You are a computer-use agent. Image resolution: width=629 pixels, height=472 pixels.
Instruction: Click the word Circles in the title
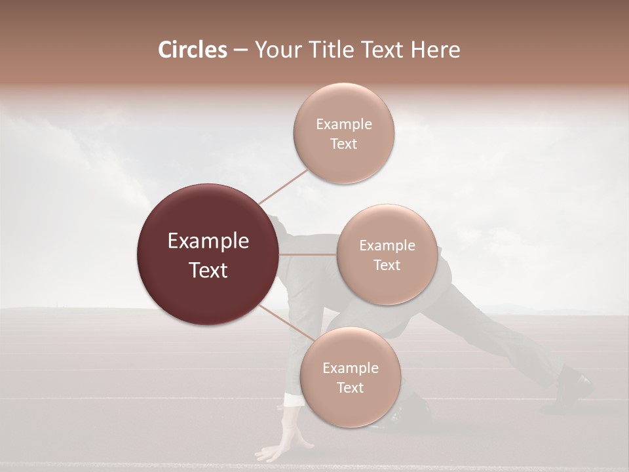[192, 50]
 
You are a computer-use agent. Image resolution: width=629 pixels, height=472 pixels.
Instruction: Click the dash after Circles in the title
[240, 50]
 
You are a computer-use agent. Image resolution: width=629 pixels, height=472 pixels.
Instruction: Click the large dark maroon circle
[207, 255]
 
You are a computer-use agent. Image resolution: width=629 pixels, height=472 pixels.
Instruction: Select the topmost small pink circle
[343, 134]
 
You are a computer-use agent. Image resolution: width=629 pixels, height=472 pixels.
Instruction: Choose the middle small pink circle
[387, 255]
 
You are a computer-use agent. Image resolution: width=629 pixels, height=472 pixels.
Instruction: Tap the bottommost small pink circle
[350, 378]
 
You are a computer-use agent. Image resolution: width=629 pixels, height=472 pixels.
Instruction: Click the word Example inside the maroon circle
[208, 241]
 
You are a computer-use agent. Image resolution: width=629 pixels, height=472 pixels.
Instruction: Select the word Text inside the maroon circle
[208, 270]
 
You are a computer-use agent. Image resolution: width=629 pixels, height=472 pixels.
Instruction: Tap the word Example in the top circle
[343, 125]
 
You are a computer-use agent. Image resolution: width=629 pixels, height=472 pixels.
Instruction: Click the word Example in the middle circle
[387, 246]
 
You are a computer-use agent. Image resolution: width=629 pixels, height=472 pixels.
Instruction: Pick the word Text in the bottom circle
[350, 388]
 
